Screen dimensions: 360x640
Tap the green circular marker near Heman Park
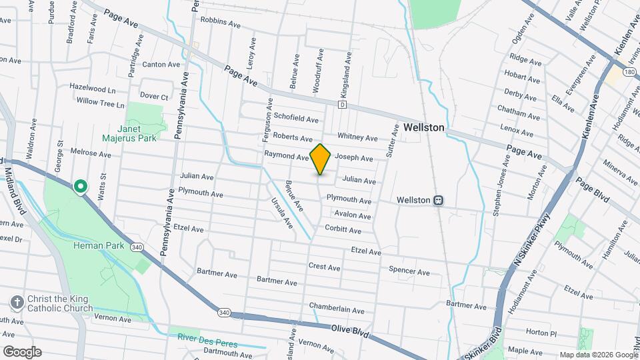click(81, 187)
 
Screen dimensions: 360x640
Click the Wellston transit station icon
click(439, 199)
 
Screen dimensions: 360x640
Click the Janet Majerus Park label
click(129, 133)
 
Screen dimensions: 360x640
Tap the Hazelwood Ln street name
click(92, 88)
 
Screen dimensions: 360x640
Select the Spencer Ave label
click(409, 271)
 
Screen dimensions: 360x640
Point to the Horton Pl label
click(540, 332)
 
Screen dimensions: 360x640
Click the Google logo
click(22, 352)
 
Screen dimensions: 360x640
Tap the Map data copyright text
click(598, 355)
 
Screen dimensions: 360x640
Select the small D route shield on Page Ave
click(342, 105)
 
